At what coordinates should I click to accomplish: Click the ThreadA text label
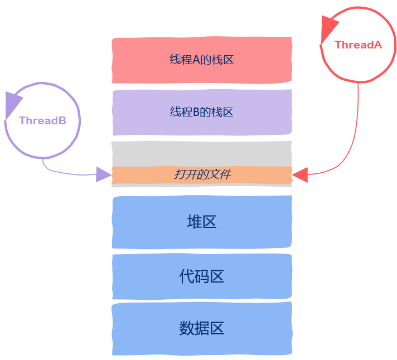point(358,45)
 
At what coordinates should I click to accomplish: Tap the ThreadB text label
point(42,120)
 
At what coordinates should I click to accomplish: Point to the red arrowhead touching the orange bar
point(300,174)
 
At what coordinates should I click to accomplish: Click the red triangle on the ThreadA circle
point(329,29)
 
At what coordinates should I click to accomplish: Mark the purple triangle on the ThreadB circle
point(12,105)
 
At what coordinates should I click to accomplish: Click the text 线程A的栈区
point(201,60)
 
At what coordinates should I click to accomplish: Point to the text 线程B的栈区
point(201,113)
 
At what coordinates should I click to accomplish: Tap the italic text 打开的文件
point(202,175)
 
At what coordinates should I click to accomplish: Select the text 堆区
point(201,222)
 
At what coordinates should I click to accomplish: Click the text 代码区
point(201,276)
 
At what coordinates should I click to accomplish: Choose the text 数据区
point(201,328)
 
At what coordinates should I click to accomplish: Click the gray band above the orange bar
point(202,154)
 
